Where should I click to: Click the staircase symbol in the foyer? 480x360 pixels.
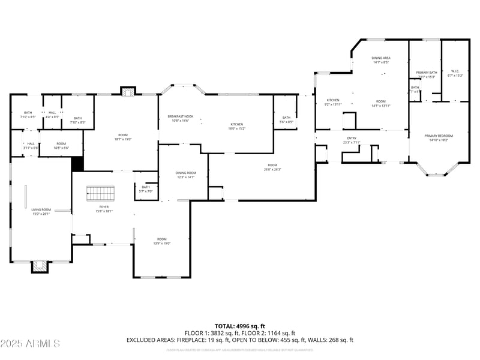(100, 194)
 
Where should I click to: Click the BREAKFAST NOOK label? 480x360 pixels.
(180, 118)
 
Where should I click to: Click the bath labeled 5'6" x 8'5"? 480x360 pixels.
(286, 119)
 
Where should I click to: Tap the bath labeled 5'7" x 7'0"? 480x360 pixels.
(146, 189)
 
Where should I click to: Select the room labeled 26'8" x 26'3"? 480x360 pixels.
(272, 167)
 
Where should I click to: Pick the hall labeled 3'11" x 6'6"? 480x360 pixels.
(31, 145)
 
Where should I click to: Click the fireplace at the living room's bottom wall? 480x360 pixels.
(40, 266)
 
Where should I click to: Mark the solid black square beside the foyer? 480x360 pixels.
(77, 164)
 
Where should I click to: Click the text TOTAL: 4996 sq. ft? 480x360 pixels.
(240, 326)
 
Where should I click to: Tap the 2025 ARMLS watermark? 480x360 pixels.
(30, 344)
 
